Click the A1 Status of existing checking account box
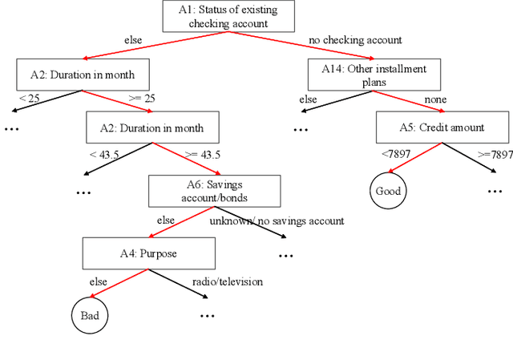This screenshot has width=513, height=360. coord(228,17)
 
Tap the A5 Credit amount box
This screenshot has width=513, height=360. coord(442,127)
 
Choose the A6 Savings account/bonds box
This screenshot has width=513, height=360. coord(214,191)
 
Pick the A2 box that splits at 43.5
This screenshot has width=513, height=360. coord(152,127)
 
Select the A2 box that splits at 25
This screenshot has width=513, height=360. coord(83,75)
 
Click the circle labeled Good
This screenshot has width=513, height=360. coord(388,191)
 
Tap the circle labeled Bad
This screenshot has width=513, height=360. coord(88,315)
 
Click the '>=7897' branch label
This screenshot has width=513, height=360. coord(494,155)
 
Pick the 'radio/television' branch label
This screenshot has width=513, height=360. coord(227,281)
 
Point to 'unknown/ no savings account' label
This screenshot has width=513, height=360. coord(277,220)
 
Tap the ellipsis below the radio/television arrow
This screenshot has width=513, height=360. coord(208,316)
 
